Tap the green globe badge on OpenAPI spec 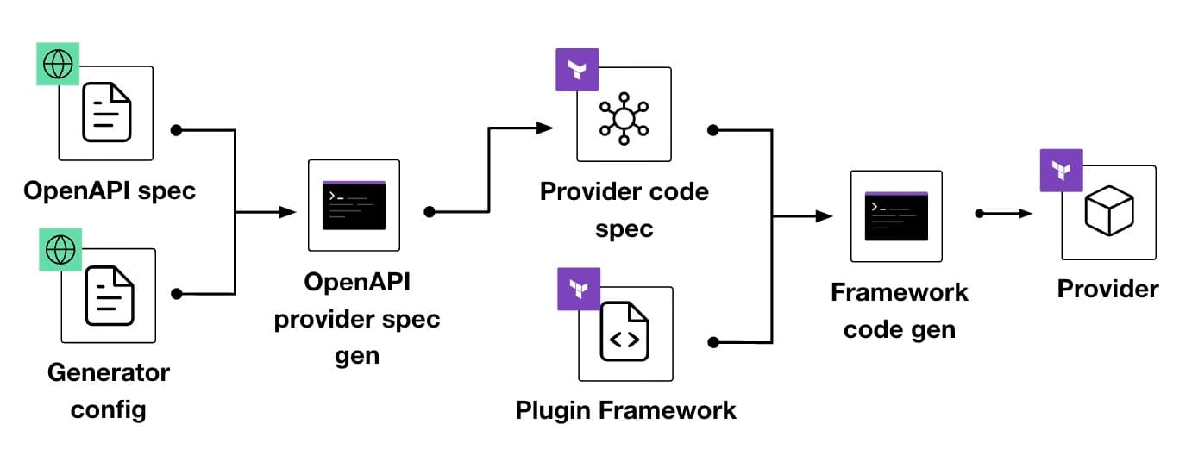59,65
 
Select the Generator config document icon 109,295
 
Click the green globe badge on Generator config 61,249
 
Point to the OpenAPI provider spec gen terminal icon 354,205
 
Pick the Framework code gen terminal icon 896,215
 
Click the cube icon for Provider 1108,212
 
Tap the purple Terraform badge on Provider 1062,171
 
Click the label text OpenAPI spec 110,190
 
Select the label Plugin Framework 625,409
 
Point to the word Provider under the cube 1108,289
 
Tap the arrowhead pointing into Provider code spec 545,128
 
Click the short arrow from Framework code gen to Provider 1006,213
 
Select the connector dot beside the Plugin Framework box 712,342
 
